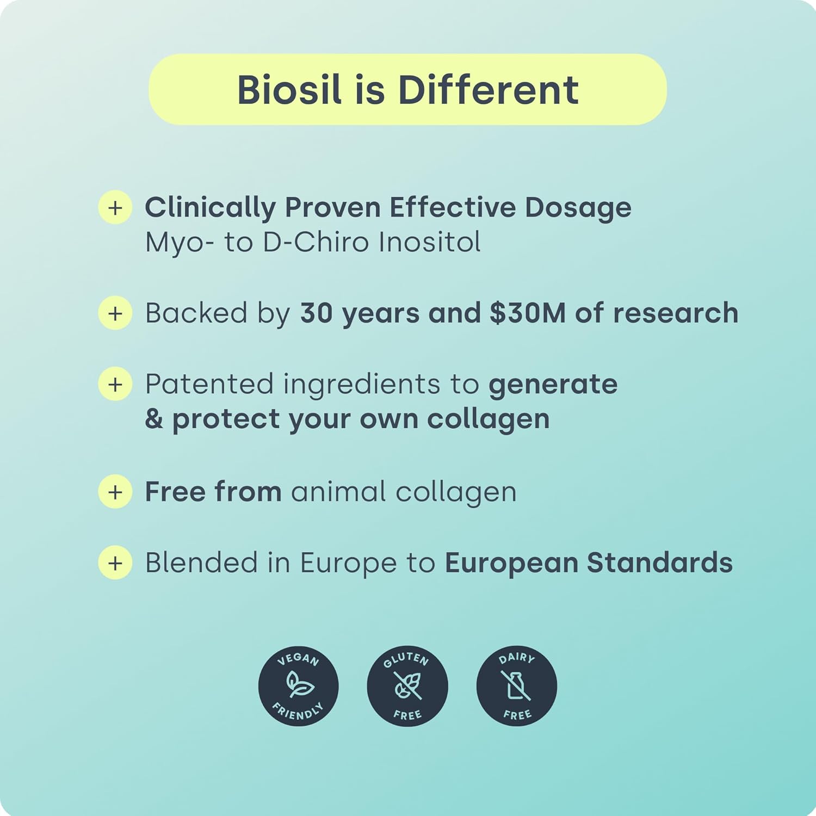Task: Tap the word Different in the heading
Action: [x=488, y=90]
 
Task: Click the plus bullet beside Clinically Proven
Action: [x=115, y=207]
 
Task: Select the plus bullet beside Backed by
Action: [x=115, y=313]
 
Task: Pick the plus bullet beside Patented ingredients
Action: [x=115, y=385]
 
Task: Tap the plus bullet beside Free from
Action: [x=115, y=492]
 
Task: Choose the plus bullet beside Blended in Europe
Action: [x=115, y=563]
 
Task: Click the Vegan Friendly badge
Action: [x=298, y=686]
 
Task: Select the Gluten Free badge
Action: [x=407, y=686]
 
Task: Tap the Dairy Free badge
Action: [x=516, y=686]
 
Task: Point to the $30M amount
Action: [x=528, y=313]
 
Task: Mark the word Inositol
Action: [x=430, y=242]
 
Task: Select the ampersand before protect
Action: [x=154, y=419]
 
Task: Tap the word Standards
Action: [x=659, y=562]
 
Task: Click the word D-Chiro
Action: [x=316, y=242]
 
